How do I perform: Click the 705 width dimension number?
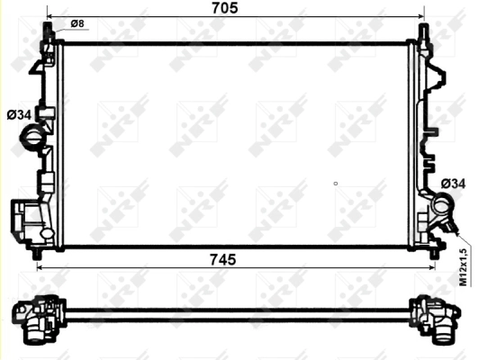click(x=224, y=8)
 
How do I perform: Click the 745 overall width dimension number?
click(x=222, y=259)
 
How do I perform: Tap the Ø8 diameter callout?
click(x=77, y=22)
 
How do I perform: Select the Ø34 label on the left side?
click(x=18, y=114)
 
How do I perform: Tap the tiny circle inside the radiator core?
click(x=335, y=184)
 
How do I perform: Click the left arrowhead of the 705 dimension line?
click(x=50, y=17)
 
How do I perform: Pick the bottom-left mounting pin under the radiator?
click(x=37, y=256)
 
